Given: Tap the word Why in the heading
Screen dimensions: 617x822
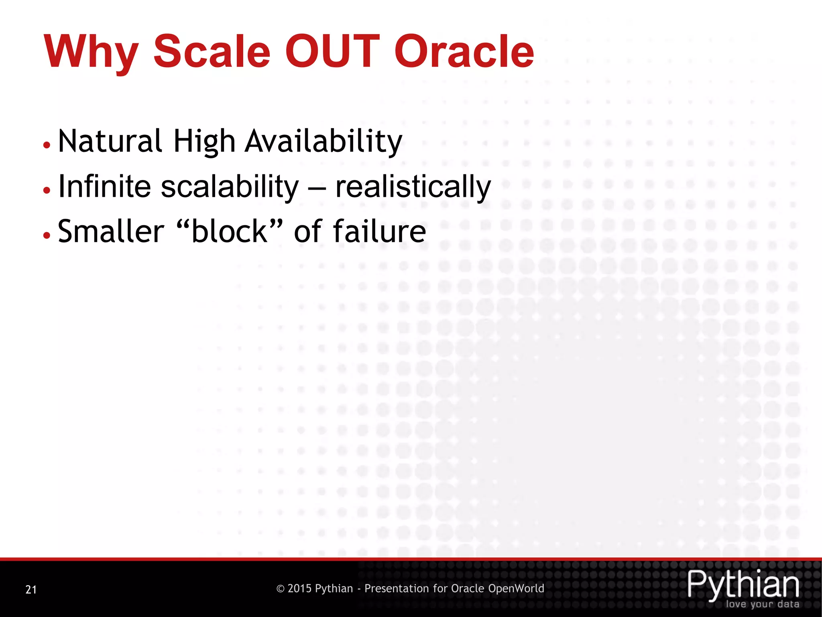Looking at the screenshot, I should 92,52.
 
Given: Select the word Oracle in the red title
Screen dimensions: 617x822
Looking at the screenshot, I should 464,51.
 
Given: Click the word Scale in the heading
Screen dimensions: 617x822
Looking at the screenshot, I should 212,51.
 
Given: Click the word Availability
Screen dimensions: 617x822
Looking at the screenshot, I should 324,142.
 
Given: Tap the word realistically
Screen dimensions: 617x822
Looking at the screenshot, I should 413,187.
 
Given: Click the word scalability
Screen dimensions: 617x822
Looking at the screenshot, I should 230,187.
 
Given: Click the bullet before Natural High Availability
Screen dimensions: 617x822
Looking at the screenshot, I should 47,145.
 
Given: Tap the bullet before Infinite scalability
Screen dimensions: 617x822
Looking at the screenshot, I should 47,190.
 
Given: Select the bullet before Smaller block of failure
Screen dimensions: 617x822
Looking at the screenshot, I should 47,235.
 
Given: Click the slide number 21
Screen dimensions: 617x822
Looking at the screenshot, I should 31,589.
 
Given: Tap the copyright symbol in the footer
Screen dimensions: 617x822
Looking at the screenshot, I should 281,589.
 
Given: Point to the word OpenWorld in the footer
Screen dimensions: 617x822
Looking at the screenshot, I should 516,588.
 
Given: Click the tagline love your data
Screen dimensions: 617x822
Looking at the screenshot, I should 762,604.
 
